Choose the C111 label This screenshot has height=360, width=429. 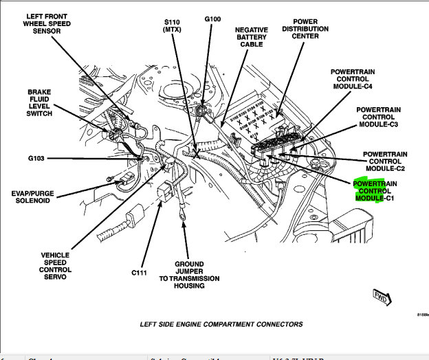pos(140,272)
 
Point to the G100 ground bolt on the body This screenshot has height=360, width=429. pos(204,108)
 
